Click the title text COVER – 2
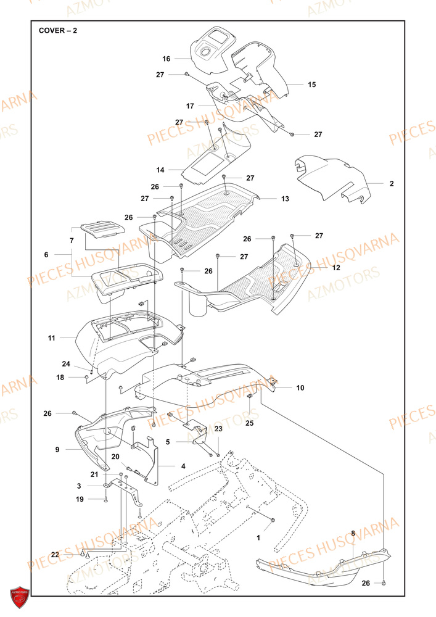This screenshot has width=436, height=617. coord(58,30)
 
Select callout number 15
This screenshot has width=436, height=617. coord(311,85)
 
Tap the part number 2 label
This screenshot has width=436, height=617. coord(391,184)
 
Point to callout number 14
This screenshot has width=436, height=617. coord(161,169)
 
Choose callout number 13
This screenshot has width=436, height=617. coord(285,199)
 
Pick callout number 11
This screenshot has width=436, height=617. coord(52,338)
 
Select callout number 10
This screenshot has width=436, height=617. coord(300,388)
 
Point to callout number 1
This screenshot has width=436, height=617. coord(258,538)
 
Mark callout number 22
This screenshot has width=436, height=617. coord(55,555)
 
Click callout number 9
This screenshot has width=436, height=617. coord(57,450)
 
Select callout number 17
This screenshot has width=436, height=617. coord(191,106)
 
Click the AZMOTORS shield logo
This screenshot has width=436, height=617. coord(20,597)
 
